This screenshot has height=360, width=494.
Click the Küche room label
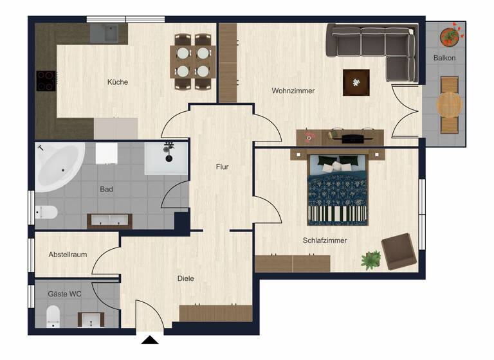pyautogui.click(x=117, y=82)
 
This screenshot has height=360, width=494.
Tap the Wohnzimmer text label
pyautogui.click(x=293, y=91)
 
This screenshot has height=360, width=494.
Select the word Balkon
pyautogui.click(x=444, y=58)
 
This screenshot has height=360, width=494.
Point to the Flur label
pyautogui.click(x=222, y=167)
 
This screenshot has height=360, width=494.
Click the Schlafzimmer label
pyautogui.click(x=325, y=240)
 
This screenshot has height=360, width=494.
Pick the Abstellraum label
pyautogui.click(x=68, y=255)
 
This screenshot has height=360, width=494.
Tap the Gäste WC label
pyautogui.click(x=65, y=294)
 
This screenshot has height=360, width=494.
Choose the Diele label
pyautogui.click(x=186, y=278)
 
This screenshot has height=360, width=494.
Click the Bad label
pyautogui.click(x=107, y=190)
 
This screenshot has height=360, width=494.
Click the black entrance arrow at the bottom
pyautogui.click(x=151, y=341)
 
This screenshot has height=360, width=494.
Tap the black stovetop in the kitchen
pyautogui.click(x=46, y=81)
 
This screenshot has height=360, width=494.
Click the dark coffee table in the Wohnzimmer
pyautogui.click(x=356, y=82)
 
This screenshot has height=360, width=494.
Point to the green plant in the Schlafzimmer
pyautogui.click(x=370, y=260)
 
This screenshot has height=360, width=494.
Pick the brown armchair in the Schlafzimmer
pyautogui.click(x=398, y=251)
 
